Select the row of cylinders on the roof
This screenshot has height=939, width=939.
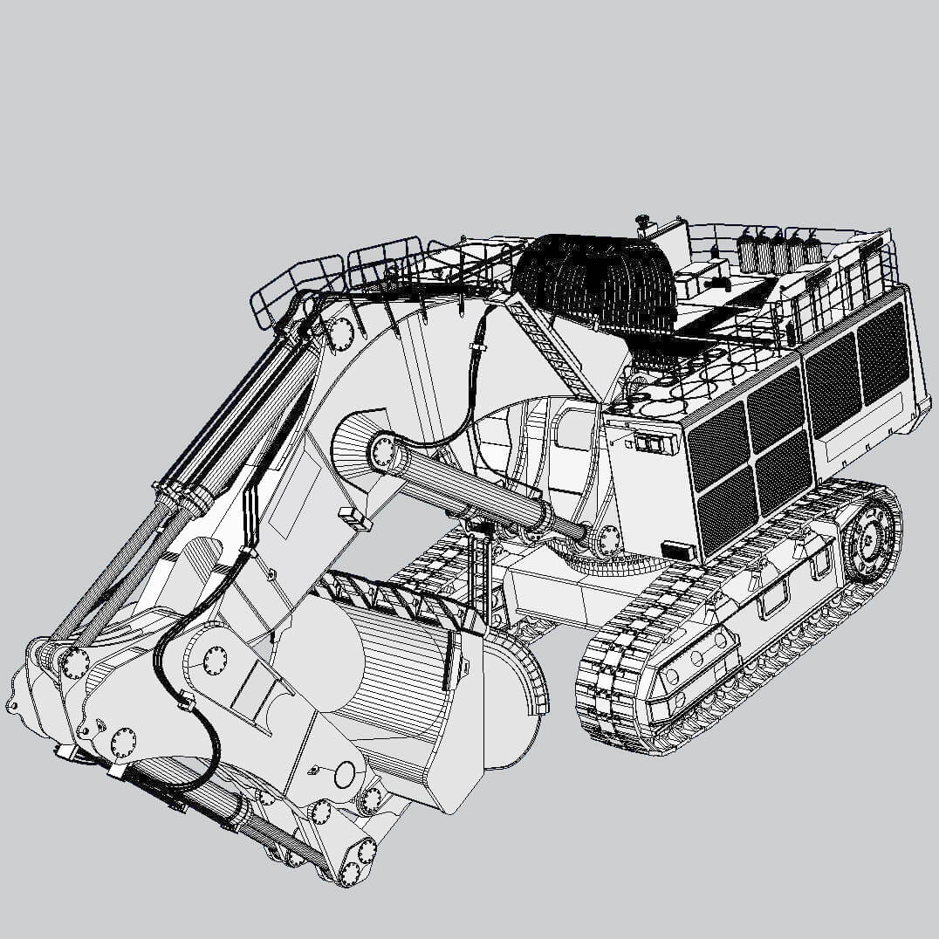click(x=781, y=249)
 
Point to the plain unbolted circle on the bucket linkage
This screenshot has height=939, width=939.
click(x=346, y=773)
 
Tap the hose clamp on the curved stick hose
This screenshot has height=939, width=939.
click(x=185, y=698)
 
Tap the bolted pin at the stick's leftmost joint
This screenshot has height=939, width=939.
click(x=74, y=661)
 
